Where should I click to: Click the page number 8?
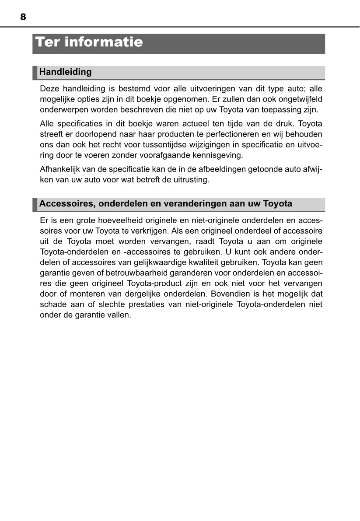pyautogui.click(x=23, y=17)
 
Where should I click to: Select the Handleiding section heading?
pyautogui.click(x=66, y=72)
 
